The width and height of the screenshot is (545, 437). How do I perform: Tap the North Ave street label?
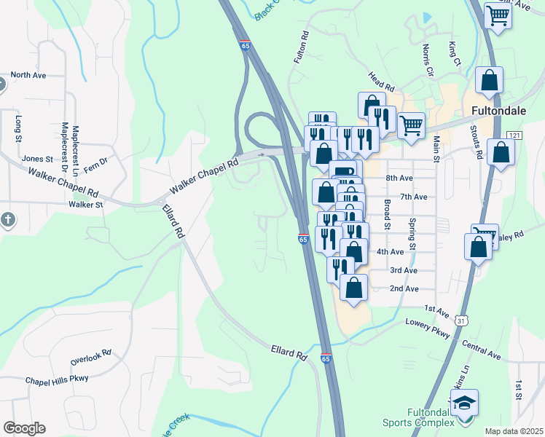point(28,75)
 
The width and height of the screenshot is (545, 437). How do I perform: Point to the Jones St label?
point(38,159)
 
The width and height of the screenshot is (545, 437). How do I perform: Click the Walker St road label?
point(86,205)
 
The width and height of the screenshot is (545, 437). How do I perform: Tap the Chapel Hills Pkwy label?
point(57,379)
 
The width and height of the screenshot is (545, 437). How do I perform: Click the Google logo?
point(24,428)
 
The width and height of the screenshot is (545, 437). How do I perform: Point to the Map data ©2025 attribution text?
point(514,431)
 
